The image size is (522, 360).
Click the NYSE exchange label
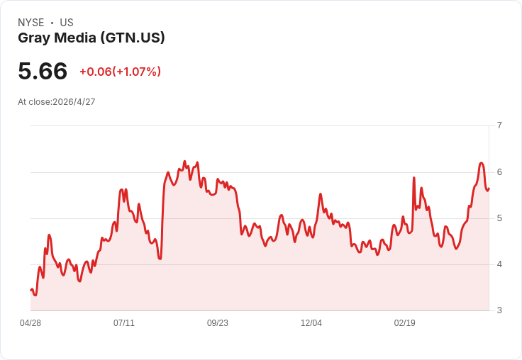point(31,23)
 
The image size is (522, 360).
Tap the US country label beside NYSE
point(67,23)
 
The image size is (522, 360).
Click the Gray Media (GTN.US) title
point(91,38)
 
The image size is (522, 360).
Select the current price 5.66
point(43,71)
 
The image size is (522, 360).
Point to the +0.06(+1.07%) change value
point(120,72)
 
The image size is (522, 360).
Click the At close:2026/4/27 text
point(57,102)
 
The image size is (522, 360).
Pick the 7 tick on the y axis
point(499,125)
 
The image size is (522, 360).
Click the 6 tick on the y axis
point(499,172)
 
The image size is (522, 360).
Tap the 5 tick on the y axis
point(499,218)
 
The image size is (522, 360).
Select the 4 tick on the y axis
point(499,264)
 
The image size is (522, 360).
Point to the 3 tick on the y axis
point(499,310)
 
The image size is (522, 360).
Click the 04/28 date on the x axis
point(30,323)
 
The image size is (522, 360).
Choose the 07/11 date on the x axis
point(124,323)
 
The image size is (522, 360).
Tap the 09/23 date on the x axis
point(218,323)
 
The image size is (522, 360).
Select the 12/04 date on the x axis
point(311,323)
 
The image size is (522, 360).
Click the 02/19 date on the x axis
point(405,323)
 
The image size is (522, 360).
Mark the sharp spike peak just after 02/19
point(413,178)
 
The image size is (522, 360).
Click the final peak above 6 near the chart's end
point(481,163)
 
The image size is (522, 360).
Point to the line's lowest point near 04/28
point(35,295)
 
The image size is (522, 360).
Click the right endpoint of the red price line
point(489,189)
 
